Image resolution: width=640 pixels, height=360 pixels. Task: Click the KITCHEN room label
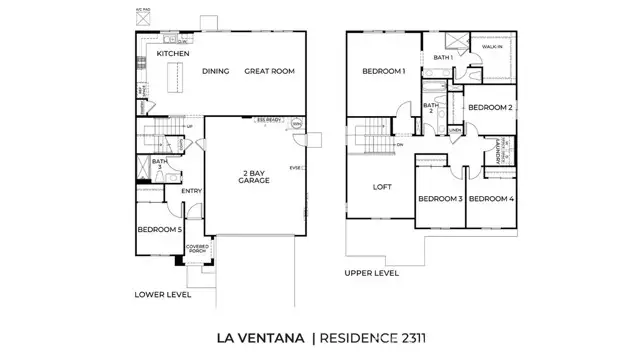(x=174, y=53)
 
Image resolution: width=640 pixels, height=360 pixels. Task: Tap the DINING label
(x=216, y=72)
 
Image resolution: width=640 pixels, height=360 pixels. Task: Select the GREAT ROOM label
(x=268, y=72)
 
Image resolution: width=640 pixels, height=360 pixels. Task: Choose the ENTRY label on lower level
(x=192, y=190)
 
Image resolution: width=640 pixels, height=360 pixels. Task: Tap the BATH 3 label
(x=161, y=164)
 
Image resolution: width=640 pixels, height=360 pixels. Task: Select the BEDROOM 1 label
(x=383, y=72)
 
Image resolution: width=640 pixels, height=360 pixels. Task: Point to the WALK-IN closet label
(x=492, y=47)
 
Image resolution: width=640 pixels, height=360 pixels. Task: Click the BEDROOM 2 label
(x=491, y=107)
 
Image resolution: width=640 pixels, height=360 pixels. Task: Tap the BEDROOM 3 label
(x=439, y=199)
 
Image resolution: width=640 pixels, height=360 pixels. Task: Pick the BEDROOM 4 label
(x=491, y=199)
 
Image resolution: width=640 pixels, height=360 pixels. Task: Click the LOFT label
(x=381, y=187)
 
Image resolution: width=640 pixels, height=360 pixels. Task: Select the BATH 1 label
(x=443, y=58)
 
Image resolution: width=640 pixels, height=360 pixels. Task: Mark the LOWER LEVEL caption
(x=162, y=295)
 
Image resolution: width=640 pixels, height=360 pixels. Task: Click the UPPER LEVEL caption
(x=372, y=272)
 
